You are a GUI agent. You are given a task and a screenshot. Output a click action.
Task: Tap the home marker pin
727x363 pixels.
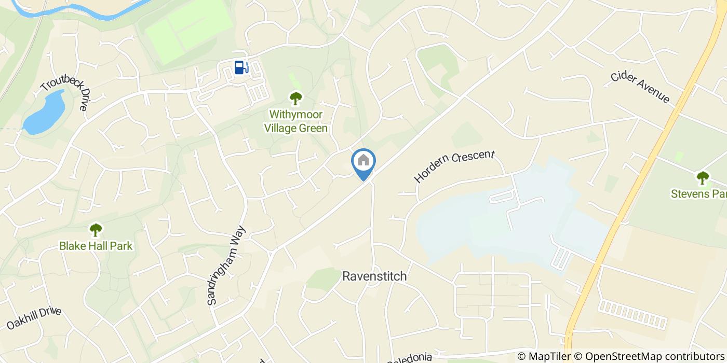(363, 162)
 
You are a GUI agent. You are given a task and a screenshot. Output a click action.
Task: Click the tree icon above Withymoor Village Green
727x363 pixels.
(296, 97)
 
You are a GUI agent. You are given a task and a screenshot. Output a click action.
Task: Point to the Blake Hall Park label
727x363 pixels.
(96, 245)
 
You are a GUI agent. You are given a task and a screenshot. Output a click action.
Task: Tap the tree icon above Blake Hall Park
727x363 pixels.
(96, 229)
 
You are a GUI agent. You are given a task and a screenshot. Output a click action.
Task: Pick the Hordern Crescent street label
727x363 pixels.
(455, 166)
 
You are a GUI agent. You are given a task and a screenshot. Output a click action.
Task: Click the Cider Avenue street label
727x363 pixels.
(640, 87)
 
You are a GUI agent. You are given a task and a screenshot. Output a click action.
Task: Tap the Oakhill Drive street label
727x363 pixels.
(34, 318)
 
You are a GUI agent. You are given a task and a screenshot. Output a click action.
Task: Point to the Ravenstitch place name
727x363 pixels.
(374, 276)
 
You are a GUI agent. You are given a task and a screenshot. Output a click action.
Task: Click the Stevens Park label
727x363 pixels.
(698, 194)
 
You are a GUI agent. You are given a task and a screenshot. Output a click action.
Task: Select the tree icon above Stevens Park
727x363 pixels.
(703, 177)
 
